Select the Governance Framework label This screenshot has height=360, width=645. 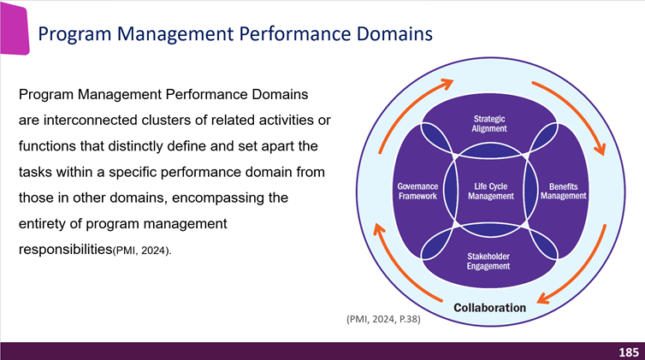[417, 191]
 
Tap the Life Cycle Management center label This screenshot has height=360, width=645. [490, 191]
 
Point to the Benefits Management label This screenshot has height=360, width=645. [564, 191]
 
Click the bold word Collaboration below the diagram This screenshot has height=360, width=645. [489, 307]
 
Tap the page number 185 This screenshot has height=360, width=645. [629, 351]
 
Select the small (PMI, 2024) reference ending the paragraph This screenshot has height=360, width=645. [142, 251]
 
